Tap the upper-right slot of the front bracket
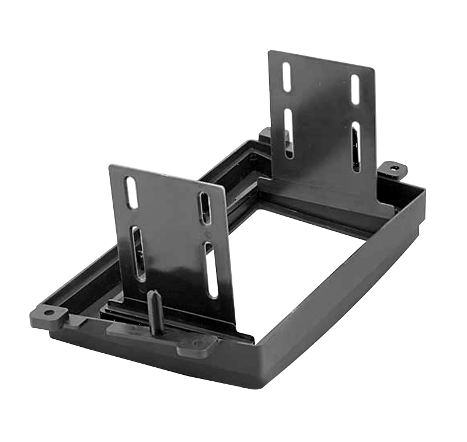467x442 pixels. [x=205, y=207]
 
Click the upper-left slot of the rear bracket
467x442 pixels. [x=287, y=76]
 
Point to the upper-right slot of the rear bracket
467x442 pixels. [x=355, y=89]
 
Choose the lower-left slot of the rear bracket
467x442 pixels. [x=288, y=134]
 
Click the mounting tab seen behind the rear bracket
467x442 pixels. [x=264, y=135]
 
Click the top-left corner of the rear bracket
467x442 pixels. [x=270, y=53]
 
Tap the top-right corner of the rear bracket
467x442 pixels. [x=372, y=68]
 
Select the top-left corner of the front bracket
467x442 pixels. [x=111, y=167]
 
